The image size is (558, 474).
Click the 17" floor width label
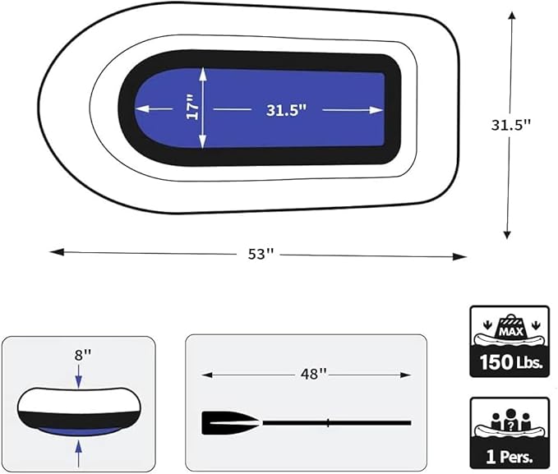(x=191, y=107)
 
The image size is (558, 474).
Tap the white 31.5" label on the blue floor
(x=287, y=110)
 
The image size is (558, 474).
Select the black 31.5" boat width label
(x=510, y=125)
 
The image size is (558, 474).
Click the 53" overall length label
(x=261, y=254)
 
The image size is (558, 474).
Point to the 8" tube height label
(x=83, y=355)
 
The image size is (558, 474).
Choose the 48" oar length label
(x=314, y=374)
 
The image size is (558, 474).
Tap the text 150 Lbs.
(x=511, y=362)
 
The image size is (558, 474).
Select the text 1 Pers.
(x=510, y=457)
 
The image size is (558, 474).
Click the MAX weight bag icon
(x=511, y=327)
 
